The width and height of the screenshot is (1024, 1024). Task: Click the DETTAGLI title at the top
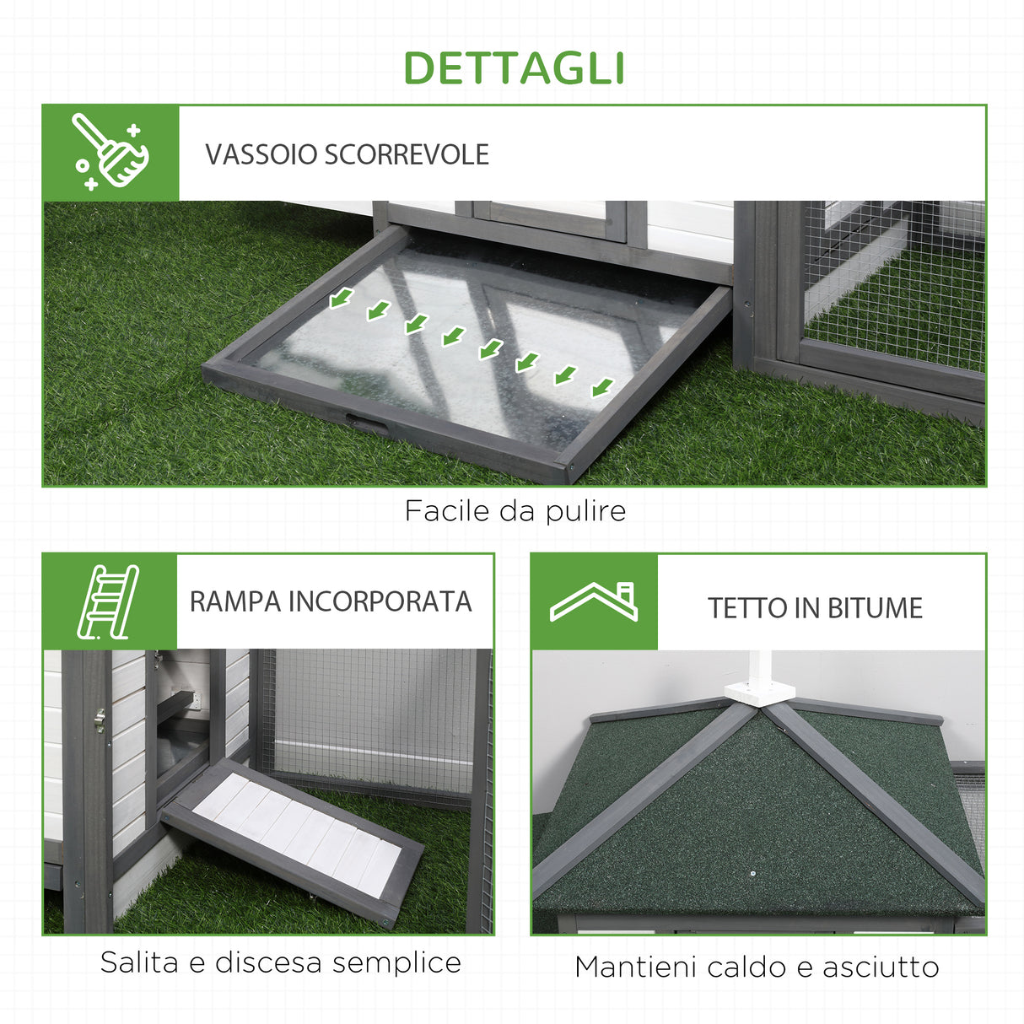point(514,69)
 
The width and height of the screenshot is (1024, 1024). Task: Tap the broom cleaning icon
point(110,153)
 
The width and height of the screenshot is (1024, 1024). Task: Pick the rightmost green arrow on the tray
point(601,387)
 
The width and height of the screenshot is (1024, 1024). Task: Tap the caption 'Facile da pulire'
point(515,511)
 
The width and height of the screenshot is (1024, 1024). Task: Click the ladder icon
point(109,601)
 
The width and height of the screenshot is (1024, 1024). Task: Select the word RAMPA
point(234,602)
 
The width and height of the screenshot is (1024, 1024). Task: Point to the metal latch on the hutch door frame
point(100,719)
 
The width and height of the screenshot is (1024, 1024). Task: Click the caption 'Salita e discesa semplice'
point(280,962)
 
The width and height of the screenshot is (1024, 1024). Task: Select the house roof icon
point(594,601)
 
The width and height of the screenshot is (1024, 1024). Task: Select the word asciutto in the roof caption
point(881,967)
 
